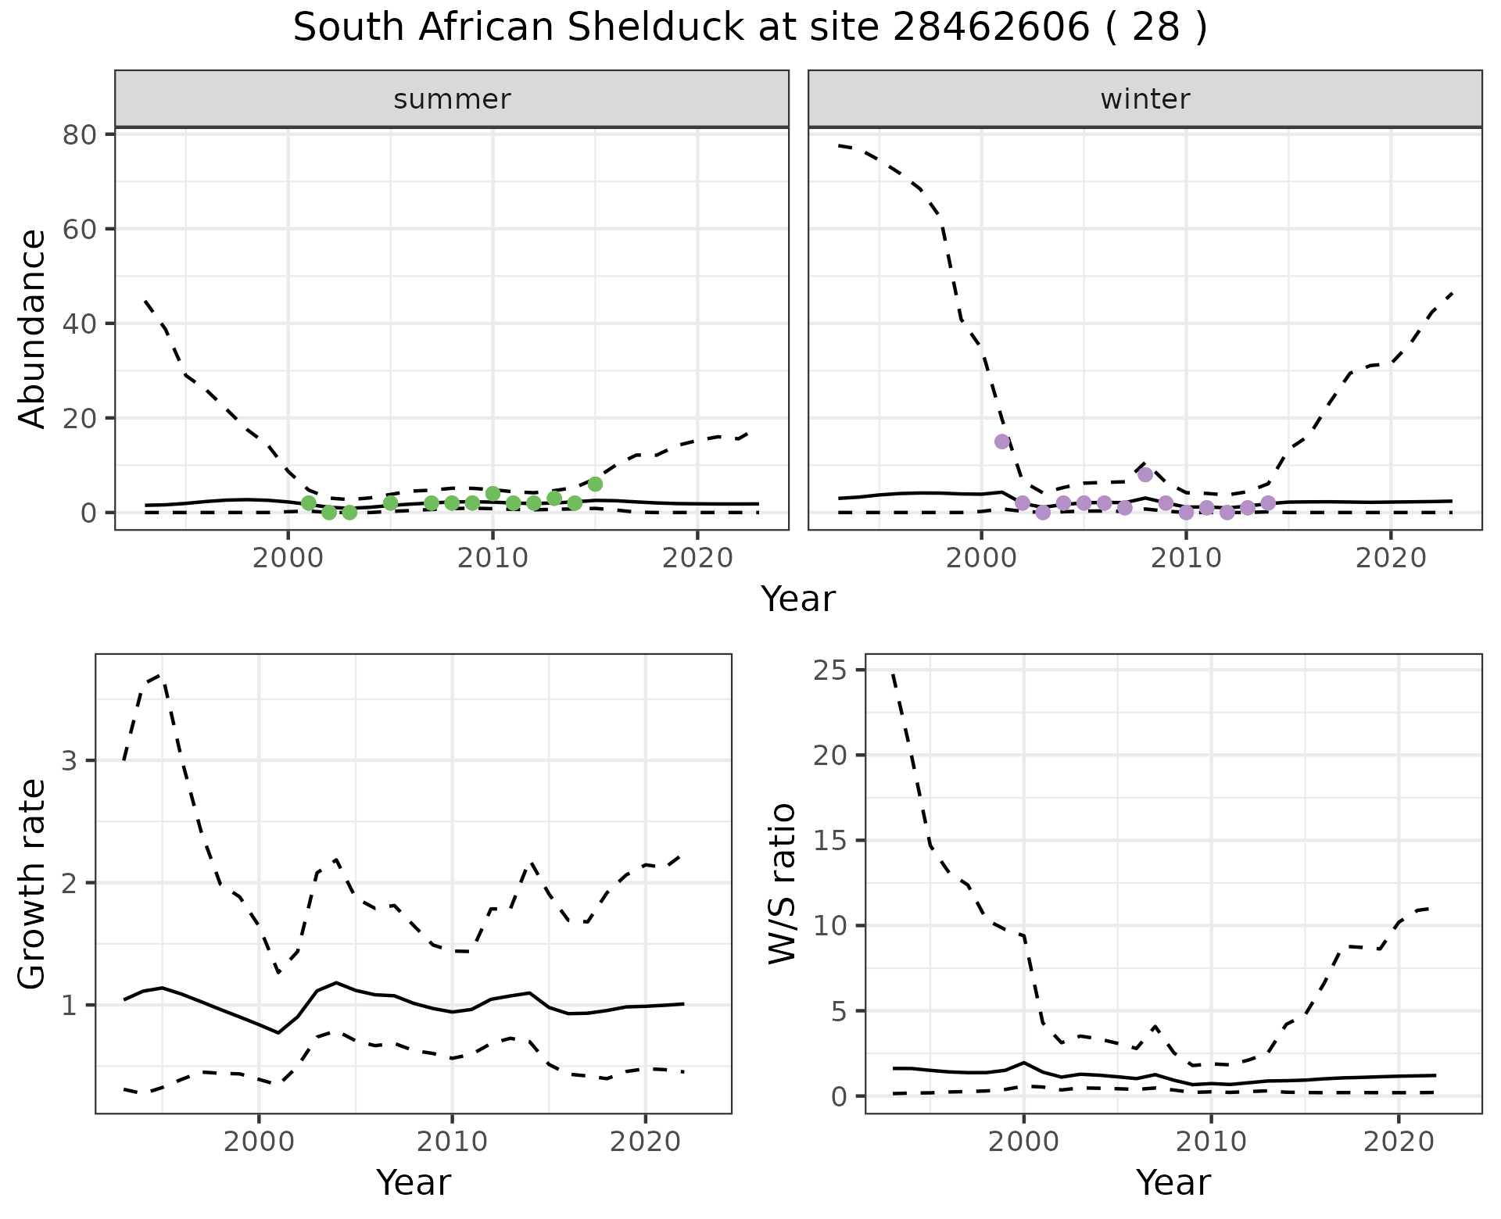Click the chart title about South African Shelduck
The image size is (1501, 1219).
click(x=750, y=29)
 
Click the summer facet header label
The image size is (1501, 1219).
click(x=452, y=99)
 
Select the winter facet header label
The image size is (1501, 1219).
click(x=1145, y=99)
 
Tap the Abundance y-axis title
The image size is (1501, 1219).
click(x=32, y=328)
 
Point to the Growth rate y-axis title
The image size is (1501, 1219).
click(x=32, y=884)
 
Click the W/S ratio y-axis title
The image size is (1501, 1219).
click(x=782, y=884)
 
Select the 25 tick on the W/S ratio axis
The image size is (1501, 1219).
click(x=833, y=670)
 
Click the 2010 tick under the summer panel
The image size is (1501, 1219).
click(x=493, y=559)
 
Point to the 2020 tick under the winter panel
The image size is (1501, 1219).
click(x=1390, y=559)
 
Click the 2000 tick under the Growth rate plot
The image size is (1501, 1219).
click(x=259, y=1142)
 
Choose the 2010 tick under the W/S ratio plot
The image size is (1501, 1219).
click(x=1211, y=1142)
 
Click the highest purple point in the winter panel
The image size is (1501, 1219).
click(x=1002, y=441)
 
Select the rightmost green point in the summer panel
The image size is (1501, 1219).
click(x=595, y=484)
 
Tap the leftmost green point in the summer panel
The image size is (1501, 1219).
click(x=309, y=503)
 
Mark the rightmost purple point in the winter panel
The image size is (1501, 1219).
click(x=1268, y=503)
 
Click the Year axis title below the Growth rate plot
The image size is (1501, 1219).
click(x=413, y=1182)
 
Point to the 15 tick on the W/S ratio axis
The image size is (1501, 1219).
click(x=833, y=841)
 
